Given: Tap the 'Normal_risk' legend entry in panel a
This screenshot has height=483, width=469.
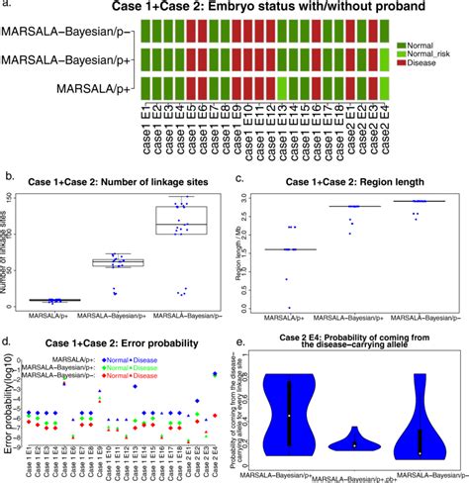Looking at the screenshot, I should pyautogui.click(x=438, y=59).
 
